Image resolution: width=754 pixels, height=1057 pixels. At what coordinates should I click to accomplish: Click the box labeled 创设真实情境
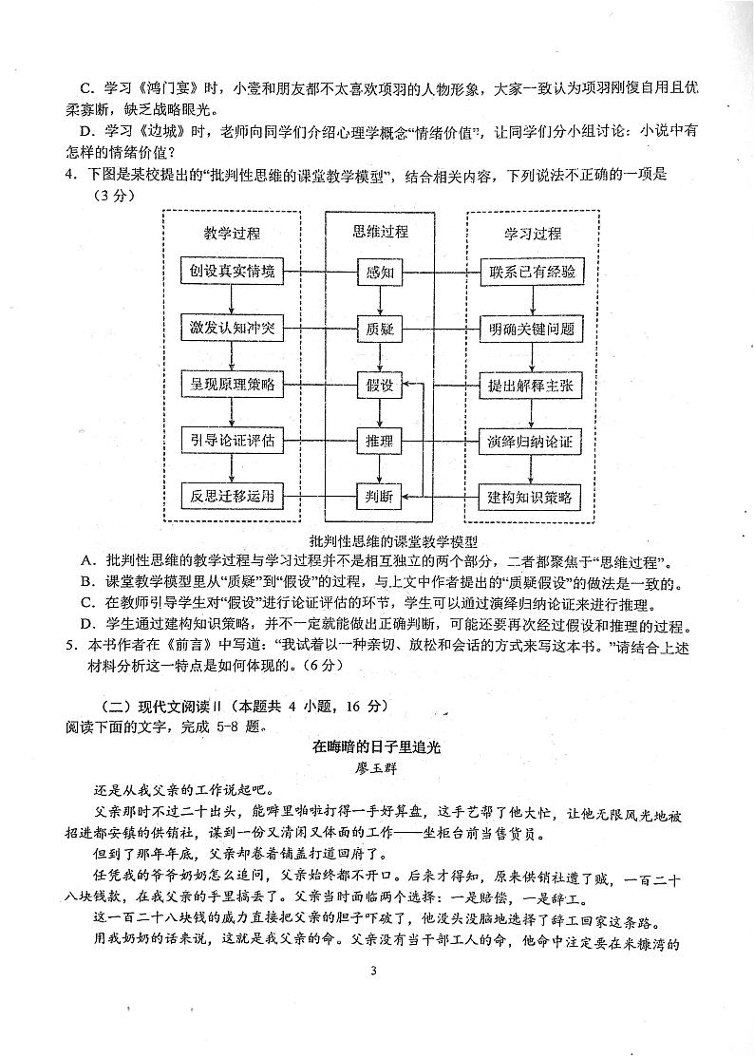(232, 272)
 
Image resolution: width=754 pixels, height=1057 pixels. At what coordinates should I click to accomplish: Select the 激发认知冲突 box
(232, 329)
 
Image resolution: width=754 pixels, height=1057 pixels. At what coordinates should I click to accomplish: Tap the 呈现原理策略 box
(232, 385)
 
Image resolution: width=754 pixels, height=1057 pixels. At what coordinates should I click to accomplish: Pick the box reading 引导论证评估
(232, 441)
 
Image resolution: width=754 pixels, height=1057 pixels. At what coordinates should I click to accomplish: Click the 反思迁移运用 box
(232, 496)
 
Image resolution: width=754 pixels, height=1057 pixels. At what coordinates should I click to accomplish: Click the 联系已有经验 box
(531, 272)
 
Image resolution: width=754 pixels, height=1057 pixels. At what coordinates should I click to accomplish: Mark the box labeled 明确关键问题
(531, 329)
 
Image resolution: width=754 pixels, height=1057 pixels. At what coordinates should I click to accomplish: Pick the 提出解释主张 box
(531, 385)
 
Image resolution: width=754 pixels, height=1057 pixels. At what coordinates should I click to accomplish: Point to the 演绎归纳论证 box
(531, 441)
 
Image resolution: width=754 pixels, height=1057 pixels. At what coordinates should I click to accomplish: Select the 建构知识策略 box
(531, 496)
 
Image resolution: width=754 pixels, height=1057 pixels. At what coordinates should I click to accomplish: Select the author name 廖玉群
(377, 767)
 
